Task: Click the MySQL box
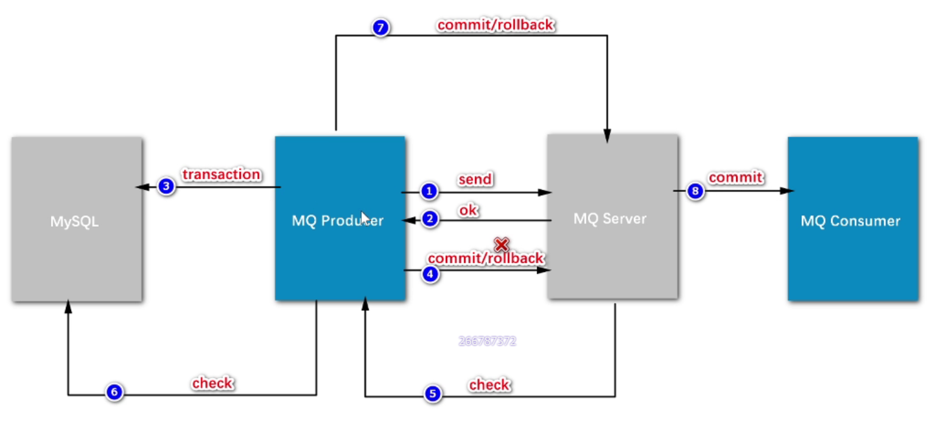click(x=76, y=219)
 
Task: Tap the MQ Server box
click(x=612, y=217)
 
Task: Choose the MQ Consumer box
click(x=852, y=219)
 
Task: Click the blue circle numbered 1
click(x=430, y=192)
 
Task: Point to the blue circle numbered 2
click(x=430, y=219)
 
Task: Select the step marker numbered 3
click(x=166, y=186)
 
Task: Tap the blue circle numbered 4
click(x=430, y=274)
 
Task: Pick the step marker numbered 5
click(x=432, y=394)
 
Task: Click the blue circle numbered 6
click(x=114, y=393)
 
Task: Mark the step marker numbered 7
click(x=380, y=27)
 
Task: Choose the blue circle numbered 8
click(x=695, y=191)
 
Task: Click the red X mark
click(x=501, y=245)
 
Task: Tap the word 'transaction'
click(x=222, y=175)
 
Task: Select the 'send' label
click(x=475, y=180)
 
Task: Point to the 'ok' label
click(x=469, y=210)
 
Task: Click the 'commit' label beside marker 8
click(x=735, y=177)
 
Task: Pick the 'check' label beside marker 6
click(x=212, y=383)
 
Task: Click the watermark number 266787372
click(x=487, y=341)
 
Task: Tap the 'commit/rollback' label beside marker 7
click(x=495, y=25)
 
